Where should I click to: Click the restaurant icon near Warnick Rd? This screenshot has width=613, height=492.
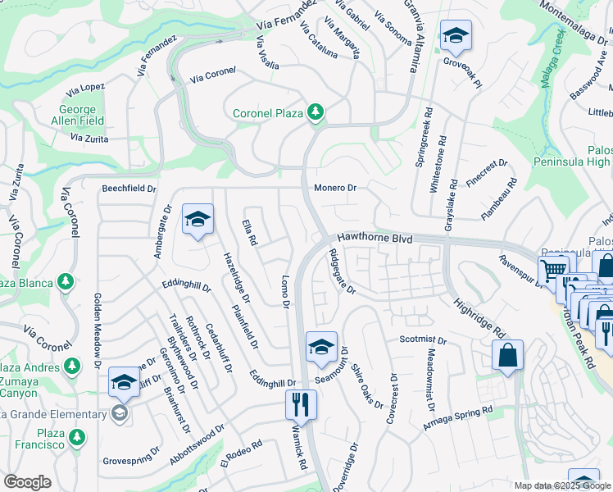tap(301, 403)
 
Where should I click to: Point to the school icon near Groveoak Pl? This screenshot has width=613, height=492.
tap(455, 34)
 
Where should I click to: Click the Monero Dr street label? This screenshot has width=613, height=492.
tap(335, 188)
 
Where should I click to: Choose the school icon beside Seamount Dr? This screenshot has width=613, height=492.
tap(322, 346)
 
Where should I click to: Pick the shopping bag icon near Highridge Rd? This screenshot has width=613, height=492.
tap(507, 355)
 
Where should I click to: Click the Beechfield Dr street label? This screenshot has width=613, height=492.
tap(129, 189)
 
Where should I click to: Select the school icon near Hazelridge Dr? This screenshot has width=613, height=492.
tap(198, 219)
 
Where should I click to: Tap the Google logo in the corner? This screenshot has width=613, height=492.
tap(28, 482)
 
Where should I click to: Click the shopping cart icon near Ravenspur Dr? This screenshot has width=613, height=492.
tap(553, 269)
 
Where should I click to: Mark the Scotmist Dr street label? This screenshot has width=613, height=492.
tap(423, 339)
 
